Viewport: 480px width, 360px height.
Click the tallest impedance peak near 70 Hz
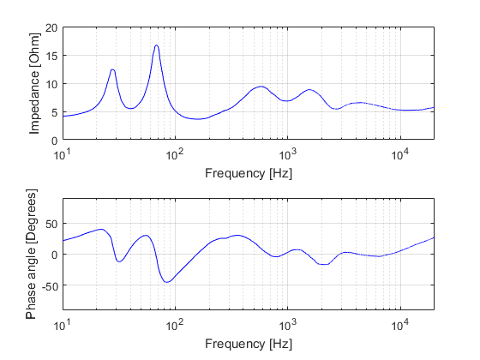pyautogui.click(x=157, y=45)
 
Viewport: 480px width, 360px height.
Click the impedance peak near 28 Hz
pyautogui.click(x=112, y=69)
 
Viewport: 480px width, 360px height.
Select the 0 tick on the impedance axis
pyautogui.click(x=54, y=140)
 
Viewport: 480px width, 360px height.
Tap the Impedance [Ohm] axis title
pyautogui.click(x=35, y=84)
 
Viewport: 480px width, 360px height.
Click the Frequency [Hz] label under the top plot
pyautogui.click(x=248, y=172)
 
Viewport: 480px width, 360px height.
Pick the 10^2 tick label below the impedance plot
pyautogui.click(x=175, y=155)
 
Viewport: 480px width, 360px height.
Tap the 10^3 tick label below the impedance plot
pyautogui.click(x=287, y=155)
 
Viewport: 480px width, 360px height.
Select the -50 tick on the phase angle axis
pyautogui.click(x=48, y=285)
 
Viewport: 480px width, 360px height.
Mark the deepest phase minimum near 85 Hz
pyautogui.click(x=167, y=282)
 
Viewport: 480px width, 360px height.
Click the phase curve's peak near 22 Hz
pyautogui.click(x=101, y=229)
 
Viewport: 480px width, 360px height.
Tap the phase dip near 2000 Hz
pyautogui.click(x=322, y=265)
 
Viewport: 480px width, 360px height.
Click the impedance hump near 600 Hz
pyautogui.click(x=261, y=87)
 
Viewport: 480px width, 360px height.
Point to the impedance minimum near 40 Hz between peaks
pyautogui.click(x=130, y=109)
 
